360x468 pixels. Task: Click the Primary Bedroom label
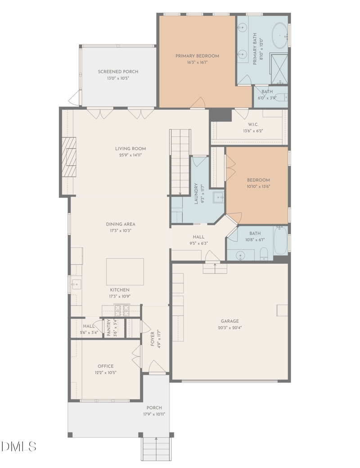[197, 56]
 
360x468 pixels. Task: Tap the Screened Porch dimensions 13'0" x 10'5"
[118, 78]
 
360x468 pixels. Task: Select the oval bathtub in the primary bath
[280, 36]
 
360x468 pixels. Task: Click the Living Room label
[130, 148]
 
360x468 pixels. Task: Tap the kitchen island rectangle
[125, 272]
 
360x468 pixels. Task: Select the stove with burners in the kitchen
[122, 310]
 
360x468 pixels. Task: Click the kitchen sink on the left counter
[76, 284]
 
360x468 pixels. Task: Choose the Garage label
[230, 321]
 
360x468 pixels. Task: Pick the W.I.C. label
[253, 125]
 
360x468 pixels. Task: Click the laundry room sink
[219, 197]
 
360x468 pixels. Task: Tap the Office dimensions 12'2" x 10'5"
[105, 373]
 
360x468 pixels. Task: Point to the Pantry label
[108, 328]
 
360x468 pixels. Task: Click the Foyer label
[153, 339]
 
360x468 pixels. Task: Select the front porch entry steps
[156, 449]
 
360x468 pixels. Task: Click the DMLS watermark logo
[19, 446]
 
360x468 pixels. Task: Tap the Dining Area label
[121, 224]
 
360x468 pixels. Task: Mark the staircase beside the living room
[180, 162]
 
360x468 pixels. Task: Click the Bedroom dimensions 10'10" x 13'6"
[258, 187]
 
